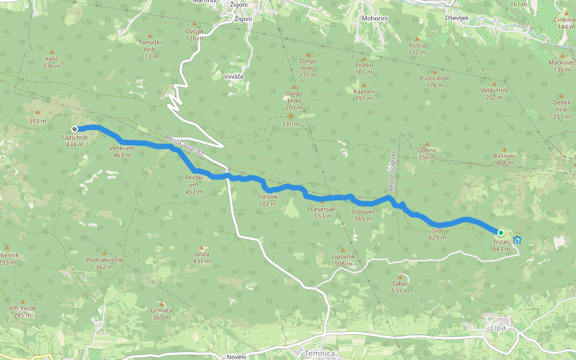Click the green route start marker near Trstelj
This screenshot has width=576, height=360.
coord(500,232)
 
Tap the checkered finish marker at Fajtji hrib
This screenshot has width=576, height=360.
coord(74,129)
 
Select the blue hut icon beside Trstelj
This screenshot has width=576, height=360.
coord(517,240)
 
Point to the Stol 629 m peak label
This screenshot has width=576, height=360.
coord(437,233)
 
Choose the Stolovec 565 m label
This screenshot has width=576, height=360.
coord(364,215)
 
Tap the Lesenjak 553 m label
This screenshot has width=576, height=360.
coord(323,212)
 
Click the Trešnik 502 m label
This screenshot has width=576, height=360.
coord(268,200)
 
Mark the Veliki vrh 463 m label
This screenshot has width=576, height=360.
coord(122,151)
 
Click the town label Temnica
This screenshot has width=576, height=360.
coord(319,354)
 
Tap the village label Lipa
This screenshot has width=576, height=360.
coord(498,328)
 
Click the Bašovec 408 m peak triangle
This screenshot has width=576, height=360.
coord(504,149)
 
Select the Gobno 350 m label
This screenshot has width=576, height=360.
coord(427,154)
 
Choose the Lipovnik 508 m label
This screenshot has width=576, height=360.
coord(344,260)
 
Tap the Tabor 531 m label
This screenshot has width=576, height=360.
coord(400,287)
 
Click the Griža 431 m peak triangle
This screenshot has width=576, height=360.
coord(202,247)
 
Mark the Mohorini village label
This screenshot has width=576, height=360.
coord(374,19)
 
